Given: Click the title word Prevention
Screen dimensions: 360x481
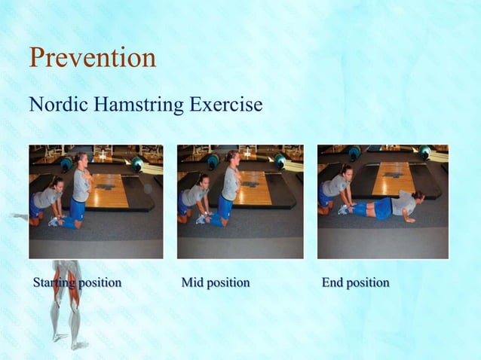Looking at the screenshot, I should [92, 57].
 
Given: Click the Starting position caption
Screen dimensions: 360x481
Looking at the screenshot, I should [77, 283].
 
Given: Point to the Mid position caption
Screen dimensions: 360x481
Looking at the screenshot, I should [216, 283].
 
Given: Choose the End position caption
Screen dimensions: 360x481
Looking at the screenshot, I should [355, 283].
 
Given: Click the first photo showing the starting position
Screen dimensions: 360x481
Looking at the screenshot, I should [96, 201].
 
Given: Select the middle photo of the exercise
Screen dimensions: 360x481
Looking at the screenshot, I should [240, 201].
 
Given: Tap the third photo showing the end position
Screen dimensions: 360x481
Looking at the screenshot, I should [382, 201].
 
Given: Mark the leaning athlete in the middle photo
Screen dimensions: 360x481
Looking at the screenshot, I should [228, 188].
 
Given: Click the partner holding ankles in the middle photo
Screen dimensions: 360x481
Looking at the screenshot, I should [193, 197].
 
